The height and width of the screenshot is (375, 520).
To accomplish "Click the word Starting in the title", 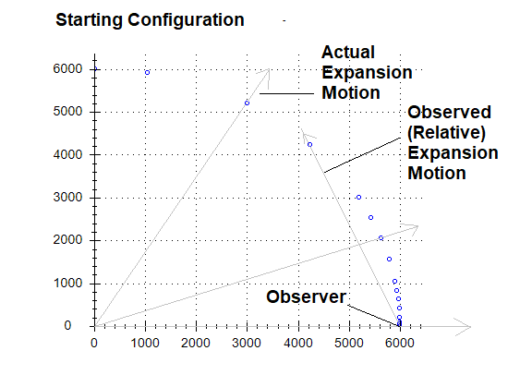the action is tap(90, 20).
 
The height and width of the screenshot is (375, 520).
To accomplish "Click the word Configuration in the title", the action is tap(186, 20).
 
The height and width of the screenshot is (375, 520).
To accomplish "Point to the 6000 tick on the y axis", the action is tap(67, 69).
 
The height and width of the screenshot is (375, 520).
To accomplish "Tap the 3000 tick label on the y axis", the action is tap(67, 198).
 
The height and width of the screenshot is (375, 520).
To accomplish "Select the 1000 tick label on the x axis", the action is tap(145, 343).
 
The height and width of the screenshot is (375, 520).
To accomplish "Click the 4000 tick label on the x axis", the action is tap(298, 343).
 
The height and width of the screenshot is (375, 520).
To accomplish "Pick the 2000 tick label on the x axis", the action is tap(196, 343).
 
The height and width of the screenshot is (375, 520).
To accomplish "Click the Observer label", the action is tap(306, 296).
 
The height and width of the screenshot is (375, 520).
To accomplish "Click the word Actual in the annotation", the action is tap(348, 52).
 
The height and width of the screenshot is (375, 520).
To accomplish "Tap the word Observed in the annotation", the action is tap(450, 112).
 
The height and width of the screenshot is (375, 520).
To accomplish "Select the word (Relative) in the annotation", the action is tap(446, 133).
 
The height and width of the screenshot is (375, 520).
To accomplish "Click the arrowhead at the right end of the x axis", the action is tap(463, 327).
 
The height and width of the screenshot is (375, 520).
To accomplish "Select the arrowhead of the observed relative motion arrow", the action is tap(307, 135).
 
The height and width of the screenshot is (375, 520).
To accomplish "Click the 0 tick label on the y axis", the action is tap(67, 326).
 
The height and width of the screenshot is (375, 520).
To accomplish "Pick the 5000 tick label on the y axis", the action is tap(67, 112).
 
